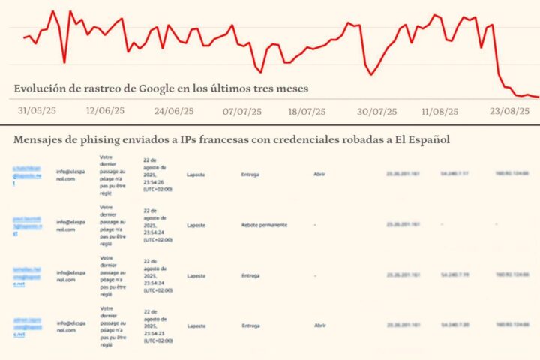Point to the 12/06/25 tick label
point(105,110)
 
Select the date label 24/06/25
point(173,110)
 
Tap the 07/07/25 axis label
point(241,110)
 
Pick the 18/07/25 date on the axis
point(307,110)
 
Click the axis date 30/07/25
point(376,110)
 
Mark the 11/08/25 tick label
point(440,110)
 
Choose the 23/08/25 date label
point(510,110)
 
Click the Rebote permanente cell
point(264,224)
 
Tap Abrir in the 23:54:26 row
point(320,175)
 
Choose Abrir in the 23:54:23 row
point(320,326)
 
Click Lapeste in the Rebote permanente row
point(196,224)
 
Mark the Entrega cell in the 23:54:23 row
point(251,326)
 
